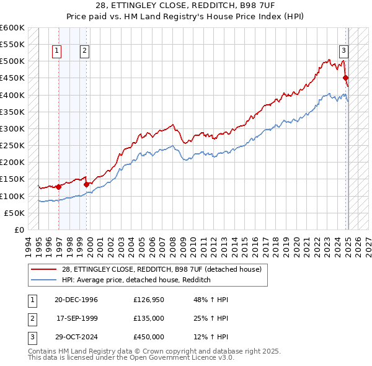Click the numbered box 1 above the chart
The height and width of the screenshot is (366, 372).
click(57, 51)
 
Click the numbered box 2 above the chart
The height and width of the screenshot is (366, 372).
click(84, 51)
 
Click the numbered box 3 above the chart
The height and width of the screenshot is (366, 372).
click(343, 51)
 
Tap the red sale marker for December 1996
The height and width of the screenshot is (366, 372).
click(59, 187)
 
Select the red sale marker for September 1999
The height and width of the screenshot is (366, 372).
click(86, 184)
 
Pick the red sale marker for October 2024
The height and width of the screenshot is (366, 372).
click(345, 78)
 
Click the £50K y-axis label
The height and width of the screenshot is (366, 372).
click(14, 213)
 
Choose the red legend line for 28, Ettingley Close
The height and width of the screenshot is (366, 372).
click(43, 269)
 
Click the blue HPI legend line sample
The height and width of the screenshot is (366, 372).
click(43, 280)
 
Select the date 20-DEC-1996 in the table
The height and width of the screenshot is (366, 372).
click(76, 300)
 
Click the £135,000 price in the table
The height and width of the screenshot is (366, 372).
click(149, 318)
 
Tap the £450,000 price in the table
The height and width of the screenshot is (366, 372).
click(149, 337)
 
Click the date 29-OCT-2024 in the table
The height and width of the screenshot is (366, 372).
click(76, 337)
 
